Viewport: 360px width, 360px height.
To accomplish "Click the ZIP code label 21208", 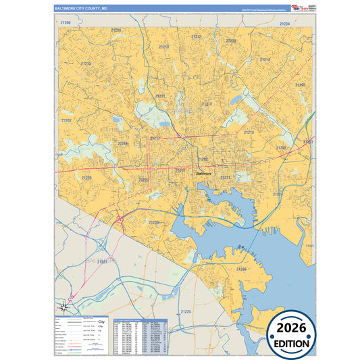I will (x=66, y=22).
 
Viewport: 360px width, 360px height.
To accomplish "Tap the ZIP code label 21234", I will (x=284, y=24).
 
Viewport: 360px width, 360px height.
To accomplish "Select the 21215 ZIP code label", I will (x=86, y=64).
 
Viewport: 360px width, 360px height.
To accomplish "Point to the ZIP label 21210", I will (x=164, y=47).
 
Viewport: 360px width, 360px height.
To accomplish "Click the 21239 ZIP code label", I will (x=231, y=41).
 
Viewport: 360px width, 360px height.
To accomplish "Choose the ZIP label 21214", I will (x=265, y=60).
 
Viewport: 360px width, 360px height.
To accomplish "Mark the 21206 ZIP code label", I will (x=300, y=85).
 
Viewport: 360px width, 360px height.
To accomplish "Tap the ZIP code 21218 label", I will (x=207, y=104).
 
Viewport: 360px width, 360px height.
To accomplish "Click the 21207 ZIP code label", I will (x=66, y=120).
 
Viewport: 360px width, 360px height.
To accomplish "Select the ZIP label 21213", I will (x=249, y=132).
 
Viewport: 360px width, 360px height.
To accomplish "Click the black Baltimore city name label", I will (x=203, y=174).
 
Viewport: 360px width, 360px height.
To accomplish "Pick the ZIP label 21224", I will (x=277, y=194).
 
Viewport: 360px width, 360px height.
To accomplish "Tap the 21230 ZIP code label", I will (x=154, y=222).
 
